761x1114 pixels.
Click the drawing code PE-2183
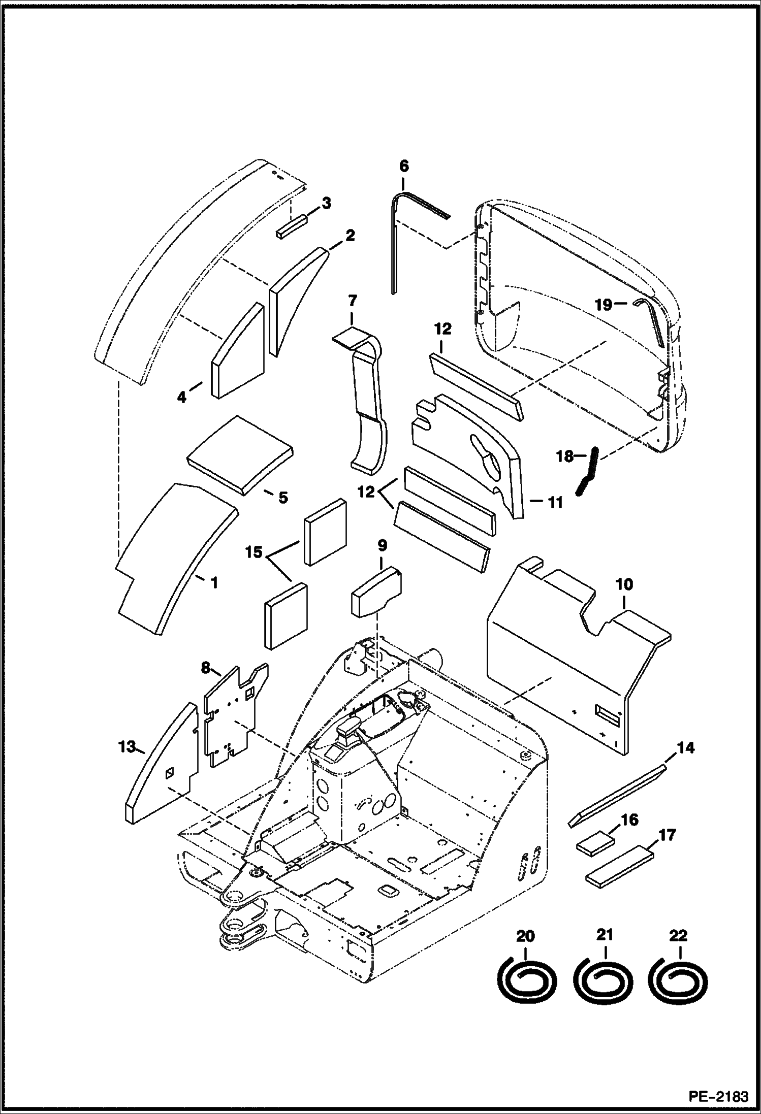point(718,1096)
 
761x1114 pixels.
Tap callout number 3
point(326,204)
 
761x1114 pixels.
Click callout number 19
point(604,305)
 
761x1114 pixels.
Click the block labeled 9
point(376,593)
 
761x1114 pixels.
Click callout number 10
point(624,584)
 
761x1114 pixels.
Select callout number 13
point(126,747)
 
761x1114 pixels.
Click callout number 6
point(404,166)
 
